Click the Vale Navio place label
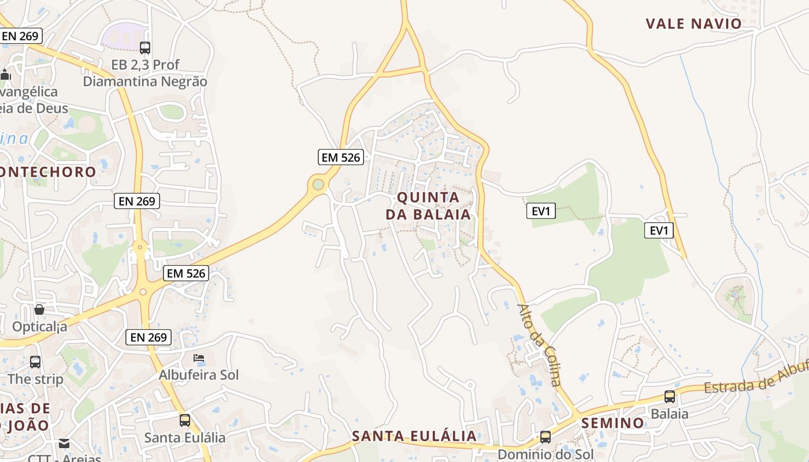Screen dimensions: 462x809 coord(693,24)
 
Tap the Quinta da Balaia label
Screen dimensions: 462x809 coord(428,206)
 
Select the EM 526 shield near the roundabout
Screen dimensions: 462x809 coord(340,157)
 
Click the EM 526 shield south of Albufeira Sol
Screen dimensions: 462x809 coord(186,273)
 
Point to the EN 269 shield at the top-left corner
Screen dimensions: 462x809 coord(20,36)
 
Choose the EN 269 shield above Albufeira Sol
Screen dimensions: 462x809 coord(149,337)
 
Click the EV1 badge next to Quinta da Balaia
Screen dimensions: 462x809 coord(541,211)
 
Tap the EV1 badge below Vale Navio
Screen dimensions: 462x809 coord(659,231)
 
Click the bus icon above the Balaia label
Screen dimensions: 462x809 coord(670,397)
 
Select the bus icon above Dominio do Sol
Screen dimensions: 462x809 coord(545,437)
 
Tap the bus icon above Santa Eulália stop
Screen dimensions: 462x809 coord(185,420)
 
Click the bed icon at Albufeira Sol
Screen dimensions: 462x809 coord(199,358)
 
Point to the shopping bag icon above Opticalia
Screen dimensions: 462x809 coord(39,310)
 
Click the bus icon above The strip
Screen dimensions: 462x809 coord(35,362)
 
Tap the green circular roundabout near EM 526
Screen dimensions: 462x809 coord(318,184)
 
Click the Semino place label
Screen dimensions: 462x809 coord(613,423)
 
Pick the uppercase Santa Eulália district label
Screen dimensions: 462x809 coord(414,436)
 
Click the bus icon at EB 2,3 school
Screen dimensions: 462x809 coord(145,48)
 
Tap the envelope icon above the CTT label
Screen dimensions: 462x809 coord(64,444)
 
